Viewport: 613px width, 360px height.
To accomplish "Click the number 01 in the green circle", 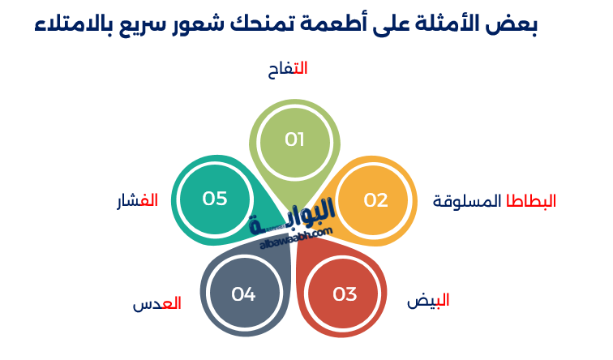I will (294, 139).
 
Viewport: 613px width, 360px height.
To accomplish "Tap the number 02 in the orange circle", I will (375, 200).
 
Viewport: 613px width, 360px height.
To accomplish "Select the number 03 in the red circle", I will (345, 294).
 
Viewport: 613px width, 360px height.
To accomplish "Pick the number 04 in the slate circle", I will (243, 294).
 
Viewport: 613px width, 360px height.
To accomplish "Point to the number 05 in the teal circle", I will (215, 199).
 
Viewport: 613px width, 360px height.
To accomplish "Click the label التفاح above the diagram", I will (288, 70).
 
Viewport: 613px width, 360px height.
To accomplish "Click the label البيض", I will (428, 301).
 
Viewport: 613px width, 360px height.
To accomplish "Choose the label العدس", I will (156, 304).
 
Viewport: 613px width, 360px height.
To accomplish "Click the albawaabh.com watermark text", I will (297, 236).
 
